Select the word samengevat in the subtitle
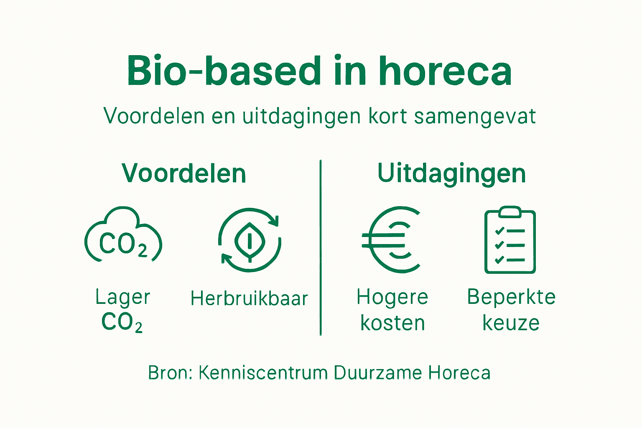475,116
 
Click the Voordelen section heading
184,173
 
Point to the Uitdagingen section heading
451,173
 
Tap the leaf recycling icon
250,240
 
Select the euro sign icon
391,239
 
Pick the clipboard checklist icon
510,241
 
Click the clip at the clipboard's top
510,211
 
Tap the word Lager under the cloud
122,298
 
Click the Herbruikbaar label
249,298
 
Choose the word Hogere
392,298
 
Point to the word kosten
392,323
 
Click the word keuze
511,323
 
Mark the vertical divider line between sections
321,247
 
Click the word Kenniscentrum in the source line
263,373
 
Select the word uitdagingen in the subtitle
301,116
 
